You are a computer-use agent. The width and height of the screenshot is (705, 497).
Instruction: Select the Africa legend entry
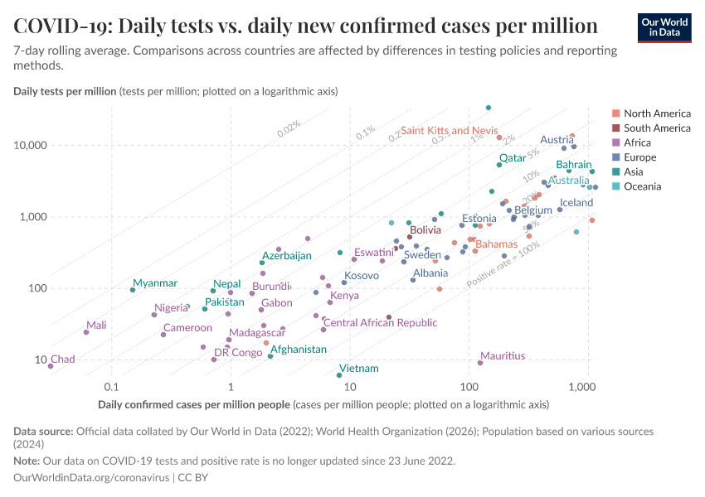click(x=639, y=142)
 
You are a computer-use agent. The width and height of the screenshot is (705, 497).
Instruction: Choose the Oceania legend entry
click(x=642, y=186)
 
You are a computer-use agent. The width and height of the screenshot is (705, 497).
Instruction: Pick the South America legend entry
click(x=656, y=128)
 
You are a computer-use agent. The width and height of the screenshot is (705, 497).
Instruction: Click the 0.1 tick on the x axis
click(x=111, y=388)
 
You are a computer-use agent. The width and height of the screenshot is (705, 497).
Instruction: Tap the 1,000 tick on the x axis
click(x=586, y=388)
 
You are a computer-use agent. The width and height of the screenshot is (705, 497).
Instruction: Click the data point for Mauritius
click(x=480, y=363)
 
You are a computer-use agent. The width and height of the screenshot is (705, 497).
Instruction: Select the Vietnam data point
click(x=339, y=375)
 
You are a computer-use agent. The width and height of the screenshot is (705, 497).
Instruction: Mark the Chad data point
click(x=51, y=366)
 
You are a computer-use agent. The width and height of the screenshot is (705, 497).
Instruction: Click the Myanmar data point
click(x=133, y=290)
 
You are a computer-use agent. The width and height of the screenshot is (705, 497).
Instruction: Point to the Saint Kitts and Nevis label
click(x=449, y=131)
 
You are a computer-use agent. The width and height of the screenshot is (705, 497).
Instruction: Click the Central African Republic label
click(x=380, y=323)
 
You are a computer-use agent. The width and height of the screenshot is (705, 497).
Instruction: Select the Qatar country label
click(x=513, y=157)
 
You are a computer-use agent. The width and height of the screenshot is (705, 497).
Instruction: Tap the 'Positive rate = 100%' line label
click(x=504, y=265)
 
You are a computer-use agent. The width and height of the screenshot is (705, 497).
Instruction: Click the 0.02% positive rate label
click(x=289, y=128)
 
